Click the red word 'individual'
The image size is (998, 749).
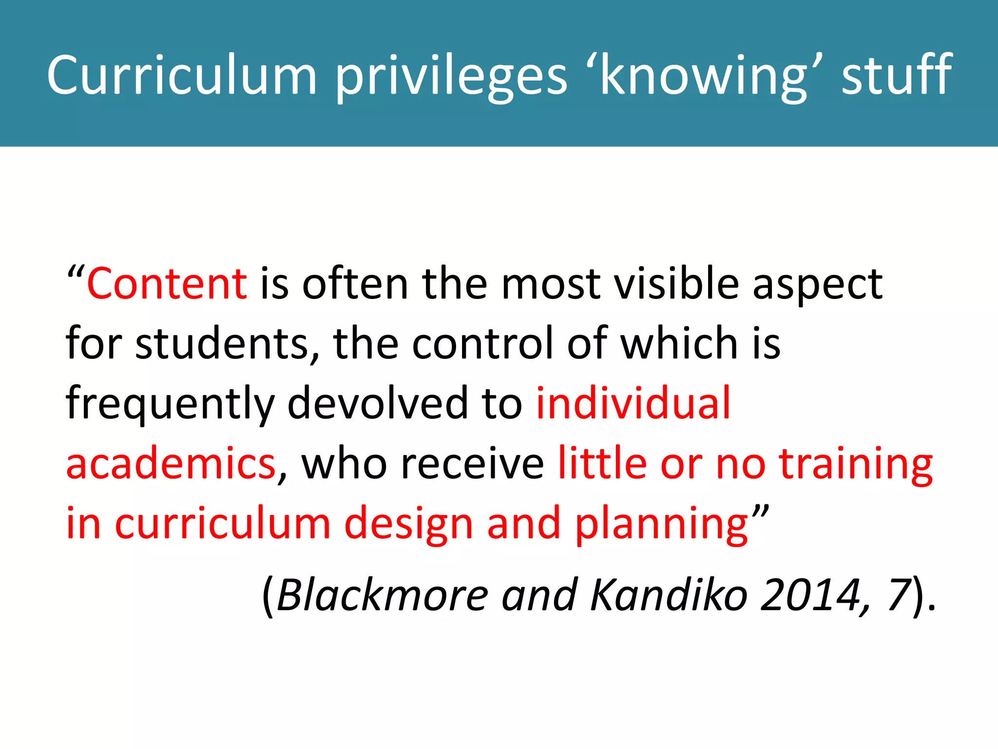633,403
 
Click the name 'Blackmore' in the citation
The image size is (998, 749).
382,595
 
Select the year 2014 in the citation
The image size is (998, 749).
811,595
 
